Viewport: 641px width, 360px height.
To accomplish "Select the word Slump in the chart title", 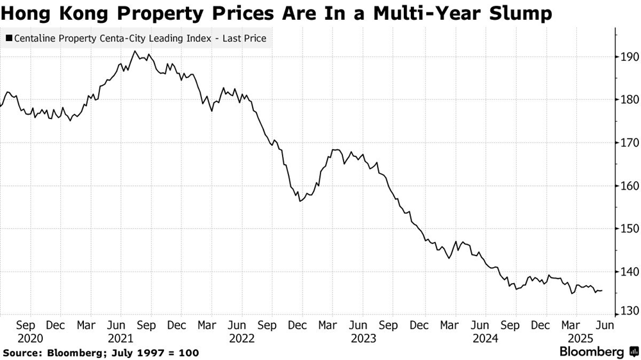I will pos(519,12).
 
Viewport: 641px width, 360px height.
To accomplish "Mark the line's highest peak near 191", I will pos(135,51).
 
